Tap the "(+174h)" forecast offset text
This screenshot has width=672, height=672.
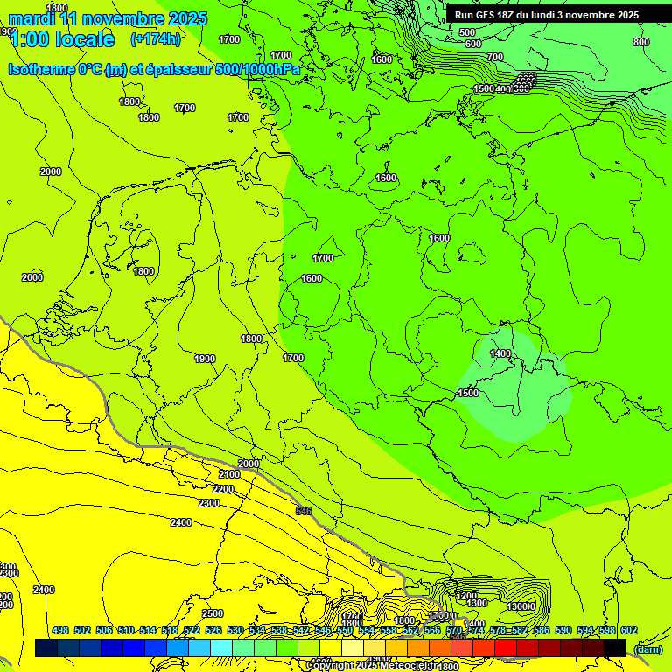point(155,38)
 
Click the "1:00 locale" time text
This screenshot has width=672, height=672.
point(61,39)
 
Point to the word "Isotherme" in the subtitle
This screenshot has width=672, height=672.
point(40,69)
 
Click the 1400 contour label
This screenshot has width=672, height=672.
point(500,353)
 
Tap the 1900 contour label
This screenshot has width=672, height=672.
point(205,359)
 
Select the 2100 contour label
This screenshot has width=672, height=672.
point(228,474)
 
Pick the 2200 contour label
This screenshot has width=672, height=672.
point(223,488)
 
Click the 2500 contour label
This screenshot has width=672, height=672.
point(213,613)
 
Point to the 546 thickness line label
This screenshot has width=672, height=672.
point(304,511)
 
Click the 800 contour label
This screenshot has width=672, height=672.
point(641,42)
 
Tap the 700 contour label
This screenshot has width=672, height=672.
point(495,57)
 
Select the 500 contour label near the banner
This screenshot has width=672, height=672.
point(467,32)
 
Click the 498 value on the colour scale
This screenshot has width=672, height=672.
point(60,630)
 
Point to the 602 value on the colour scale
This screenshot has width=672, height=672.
point(629,630)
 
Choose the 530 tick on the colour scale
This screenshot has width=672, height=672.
point(235,630)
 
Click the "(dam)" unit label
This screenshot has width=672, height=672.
point(647,648)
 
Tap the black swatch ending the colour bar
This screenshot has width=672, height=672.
point(615,647)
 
